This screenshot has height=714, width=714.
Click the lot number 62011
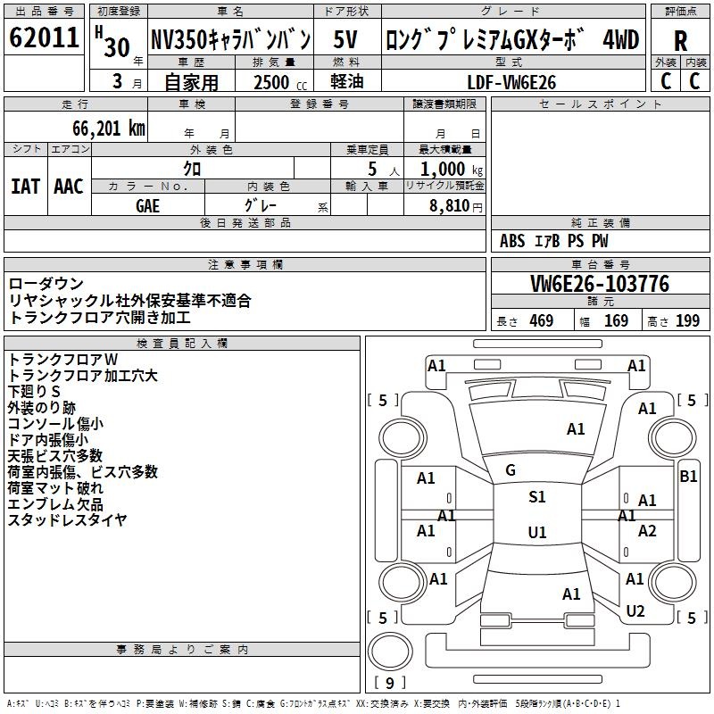pyautogui.click(x=44, y=39)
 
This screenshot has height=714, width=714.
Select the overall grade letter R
pyautogui.click(x=680, y=41)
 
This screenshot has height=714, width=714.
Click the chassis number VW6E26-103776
pyautogui.click(x=600, y=285)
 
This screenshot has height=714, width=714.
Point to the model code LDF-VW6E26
pyautogui.click(x=511, y=82)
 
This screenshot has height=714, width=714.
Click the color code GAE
pyautogui.click(x=148, y=204)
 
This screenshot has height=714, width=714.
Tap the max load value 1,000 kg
pyautogui.click(x=444, y=170)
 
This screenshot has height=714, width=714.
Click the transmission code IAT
pyautogui.click(x=26, y=187)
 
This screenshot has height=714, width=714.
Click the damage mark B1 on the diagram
pyautogui.click(x=688, y=477)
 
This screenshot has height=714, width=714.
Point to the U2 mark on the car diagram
pyautogui.click(x=635, y=611)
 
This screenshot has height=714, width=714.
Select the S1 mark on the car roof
pyautogui.click(x=536, y=497)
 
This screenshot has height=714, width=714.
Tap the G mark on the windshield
pyautogui.click(x=511, y=469)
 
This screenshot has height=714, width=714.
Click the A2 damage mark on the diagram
pyautogui.click(x=647, y=531)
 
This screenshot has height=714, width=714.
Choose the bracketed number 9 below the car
pyautogui.click(x=390, y=684)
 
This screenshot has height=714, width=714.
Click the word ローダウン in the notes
pyautogui.click(x=46, y=285)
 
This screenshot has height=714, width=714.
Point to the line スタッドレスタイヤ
pyautogui.click(x=67, y=519)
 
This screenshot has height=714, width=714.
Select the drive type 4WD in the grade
pyautogui.click(x=621, y=40)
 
